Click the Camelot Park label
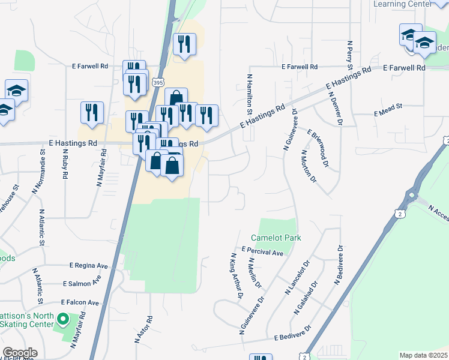276,238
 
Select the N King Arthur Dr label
237,276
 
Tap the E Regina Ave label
88,265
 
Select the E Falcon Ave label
79,302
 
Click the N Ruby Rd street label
64,164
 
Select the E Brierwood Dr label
318,148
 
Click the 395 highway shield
158,82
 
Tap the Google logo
20,353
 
